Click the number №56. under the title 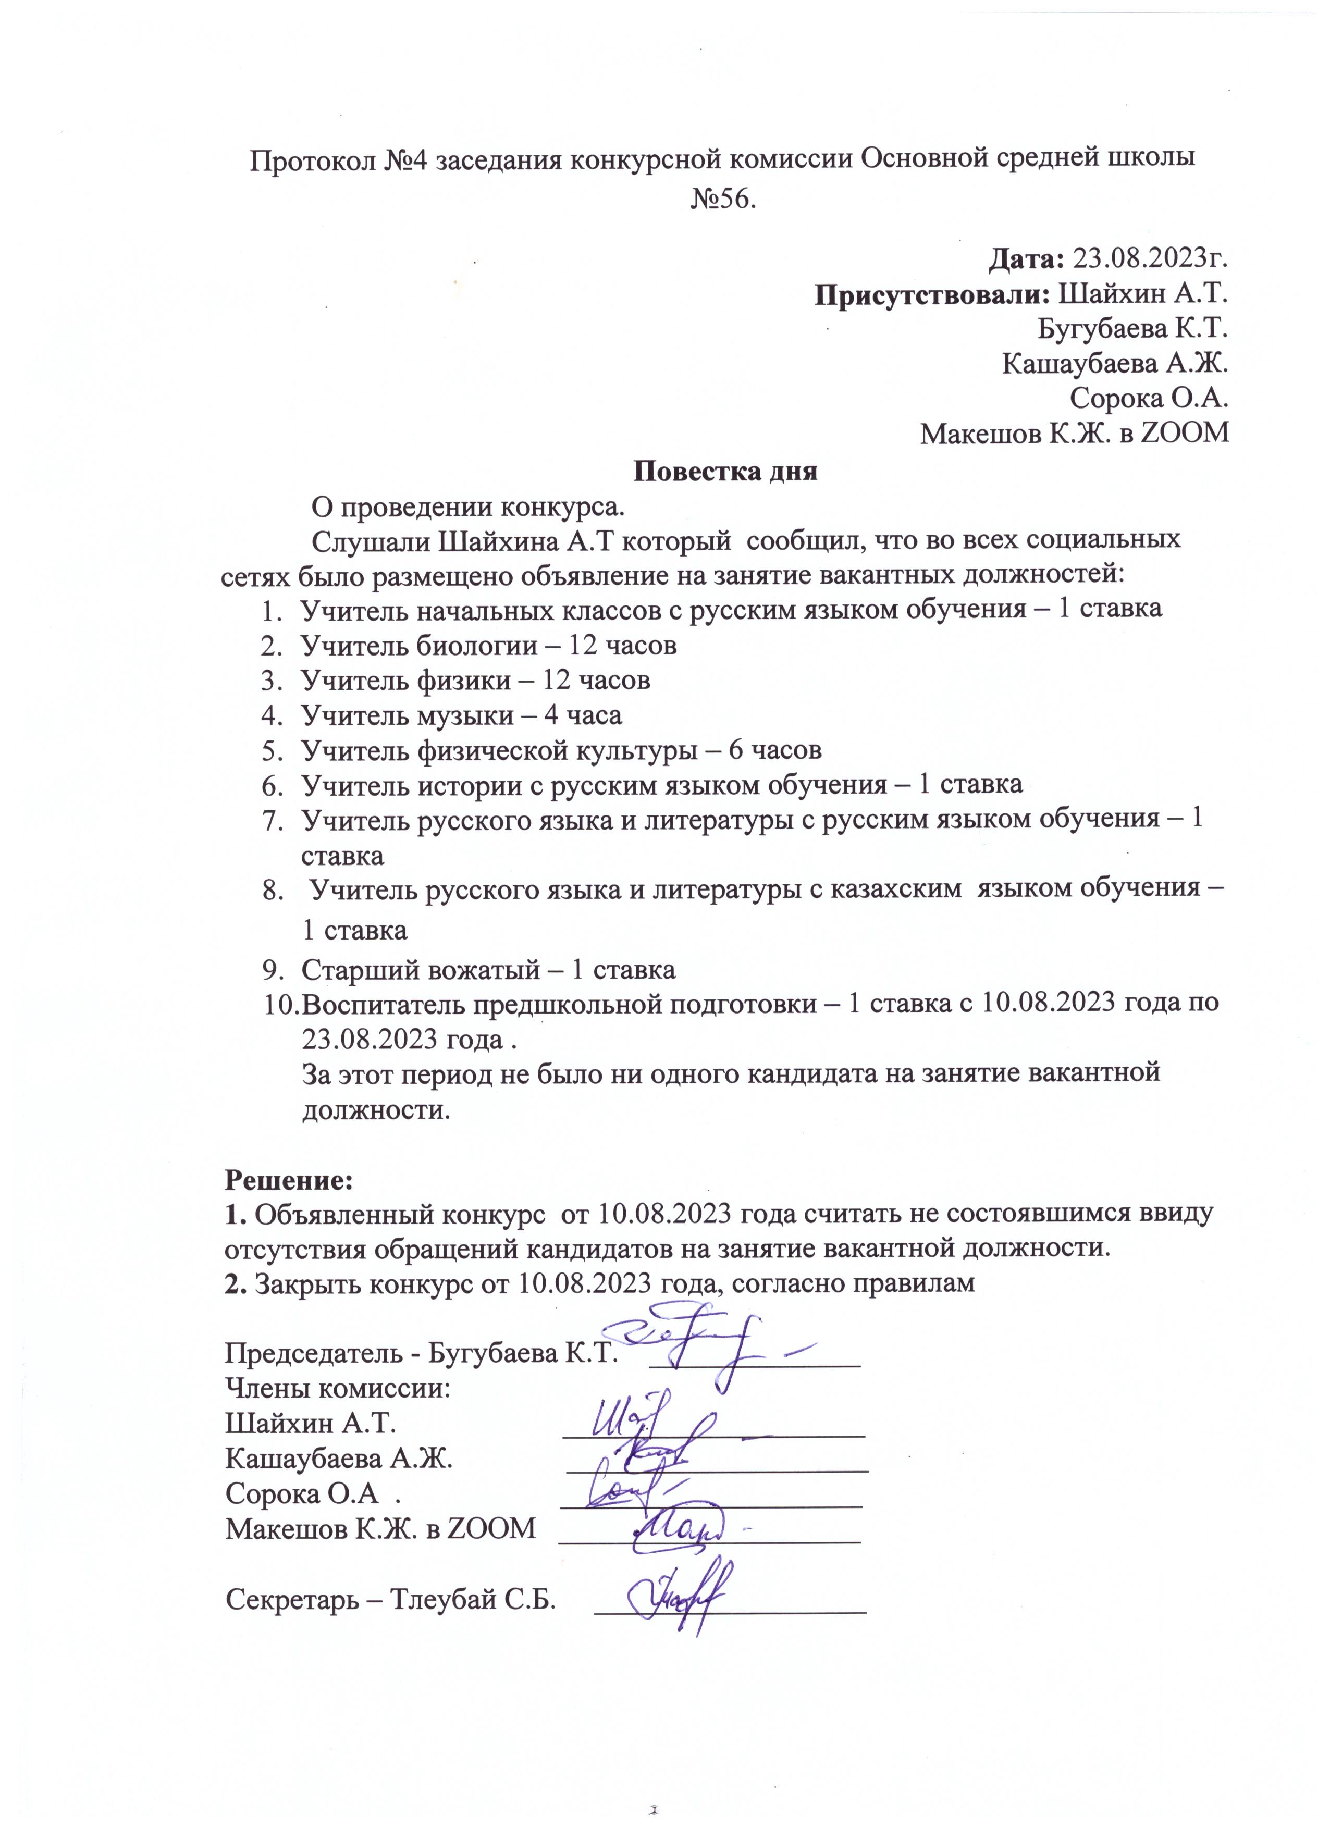[723, 199]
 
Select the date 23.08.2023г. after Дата [1152, 259]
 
